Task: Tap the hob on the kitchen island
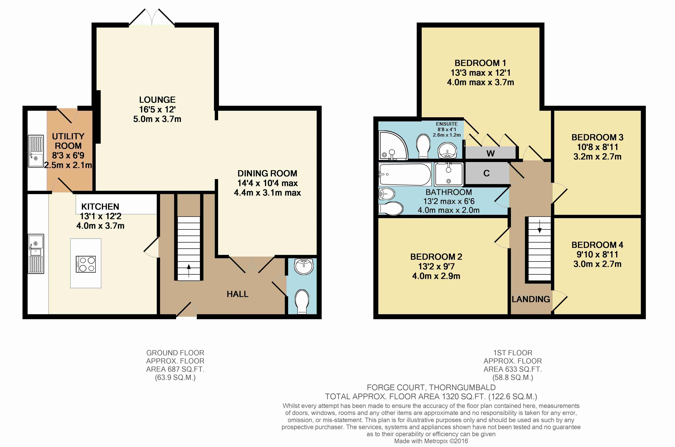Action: pyautogui.click(x=86, y=264)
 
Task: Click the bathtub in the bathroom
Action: pyautogui.click(x=405, y=174)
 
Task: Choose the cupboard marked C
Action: pyautogui.click(x=487, y=173)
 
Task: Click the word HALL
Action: pyautogui.click(x=237, y=294)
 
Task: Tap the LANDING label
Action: pyautogui.click(x=531, y=299)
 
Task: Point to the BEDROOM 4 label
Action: pyautogui.click(x=597, y=245)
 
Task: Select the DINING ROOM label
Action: pyautogui.click(x=267, y=173)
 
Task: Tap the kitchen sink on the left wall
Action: pyautogui.click(x=36, y=254)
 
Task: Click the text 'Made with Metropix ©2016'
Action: pyautogui.click(x=431, y=441)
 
